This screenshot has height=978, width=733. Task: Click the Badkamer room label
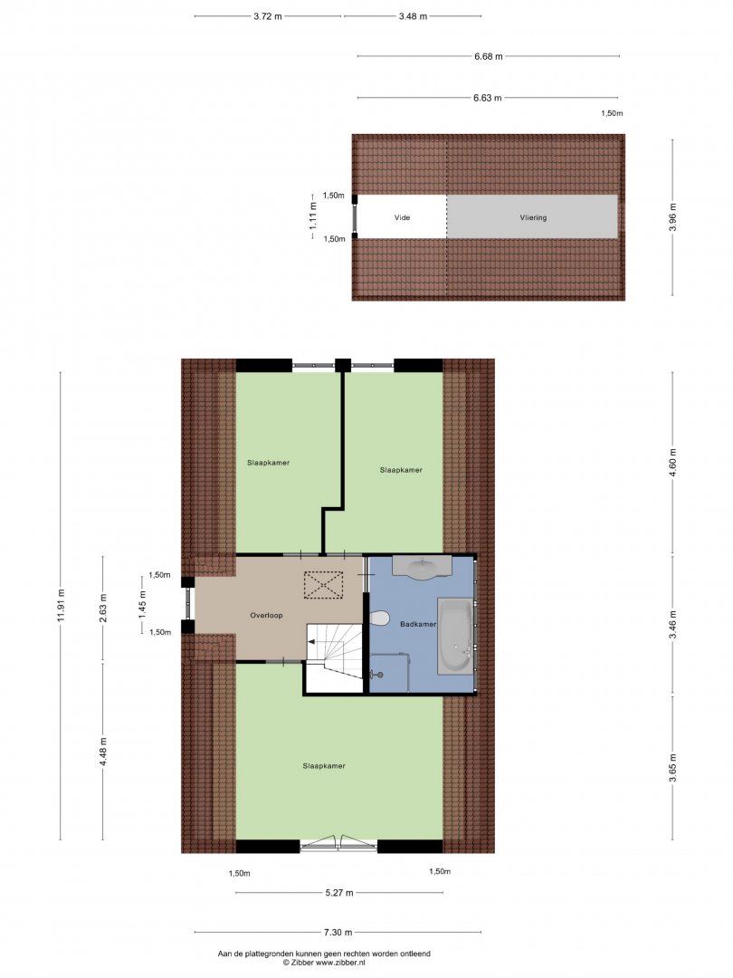(x=417, y=624)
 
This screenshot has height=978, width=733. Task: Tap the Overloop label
(x=266, y=615)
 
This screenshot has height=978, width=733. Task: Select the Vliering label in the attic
(x=533, y=217)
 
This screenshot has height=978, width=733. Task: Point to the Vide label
(x=402, y=217)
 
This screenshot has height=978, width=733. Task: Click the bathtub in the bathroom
(x=455, y=637)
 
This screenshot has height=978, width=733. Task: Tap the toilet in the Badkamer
(x=378, y=618)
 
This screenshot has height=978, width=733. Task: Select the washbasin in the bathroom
(x=422, y=567)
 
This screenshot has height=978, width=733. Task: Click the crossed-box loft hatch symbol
(x=323, y=585)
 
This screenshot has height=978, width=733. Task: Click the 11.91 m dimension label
(x=60, y=606)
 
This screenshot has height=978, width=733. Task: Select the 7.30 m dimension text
(x=338, y=933)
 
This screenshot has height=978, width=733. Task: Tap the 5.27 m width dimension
(x=339, y=893)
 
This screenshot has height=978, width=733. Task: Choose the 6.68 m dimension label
(x=488, y=56)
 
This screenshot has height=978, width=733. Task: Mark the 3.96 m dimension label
(x=671, y=217)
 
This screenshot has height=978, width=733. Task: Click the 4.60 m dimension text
(x=671, y=462)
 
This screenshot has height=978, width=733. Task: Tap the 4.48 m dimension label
(x=103, y=753)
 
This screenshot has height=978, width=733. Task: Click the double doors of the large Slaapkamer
(x=339, y=843)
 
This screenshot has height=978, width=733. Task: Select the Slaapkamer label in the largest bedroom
(x=324, y=766)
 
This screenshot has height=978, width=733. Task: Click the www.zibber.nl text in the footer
(x=340, y=963)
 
